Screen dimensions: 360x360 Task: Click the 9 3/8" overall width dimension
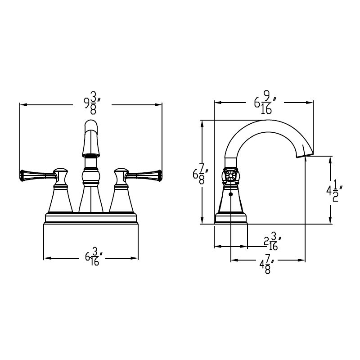[x=92, y=104]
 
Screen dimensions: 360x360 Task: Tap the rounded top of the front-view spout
[x=91, y=125]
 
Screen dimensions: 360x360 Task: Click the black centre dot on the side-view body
[x=231, y=194]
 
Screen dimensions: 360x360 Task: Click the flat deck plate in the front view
[x=90, y=218]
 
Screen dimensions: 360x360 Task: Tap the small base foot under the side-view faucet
[x=231, y=219]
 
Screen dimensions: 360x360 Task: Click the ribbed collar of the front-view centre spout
[x=91, y=155]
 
